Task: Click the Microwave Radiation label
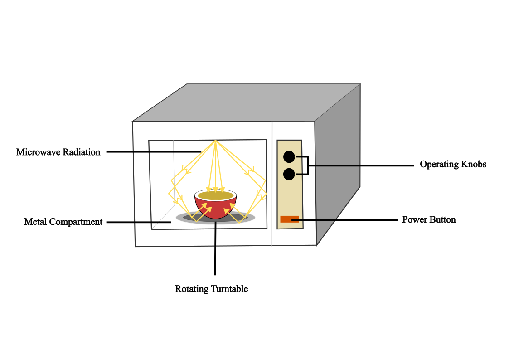coord(58,152)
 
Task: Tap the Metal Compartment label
coord(63,222)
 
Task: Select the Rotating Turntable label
coord(211,289)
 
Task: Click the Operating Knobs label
coord(452,165)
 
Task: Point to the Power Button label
coord(429,220)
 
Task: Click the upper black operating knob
coord(289,157)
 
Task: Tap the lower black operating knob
coord(289,174)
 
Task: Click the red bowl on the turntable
coord(216,208)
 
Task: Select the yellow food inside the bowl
coord(216,195)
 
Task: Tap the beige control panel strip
coord(290,199)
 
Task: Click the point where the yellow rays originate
coord(215,141)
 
